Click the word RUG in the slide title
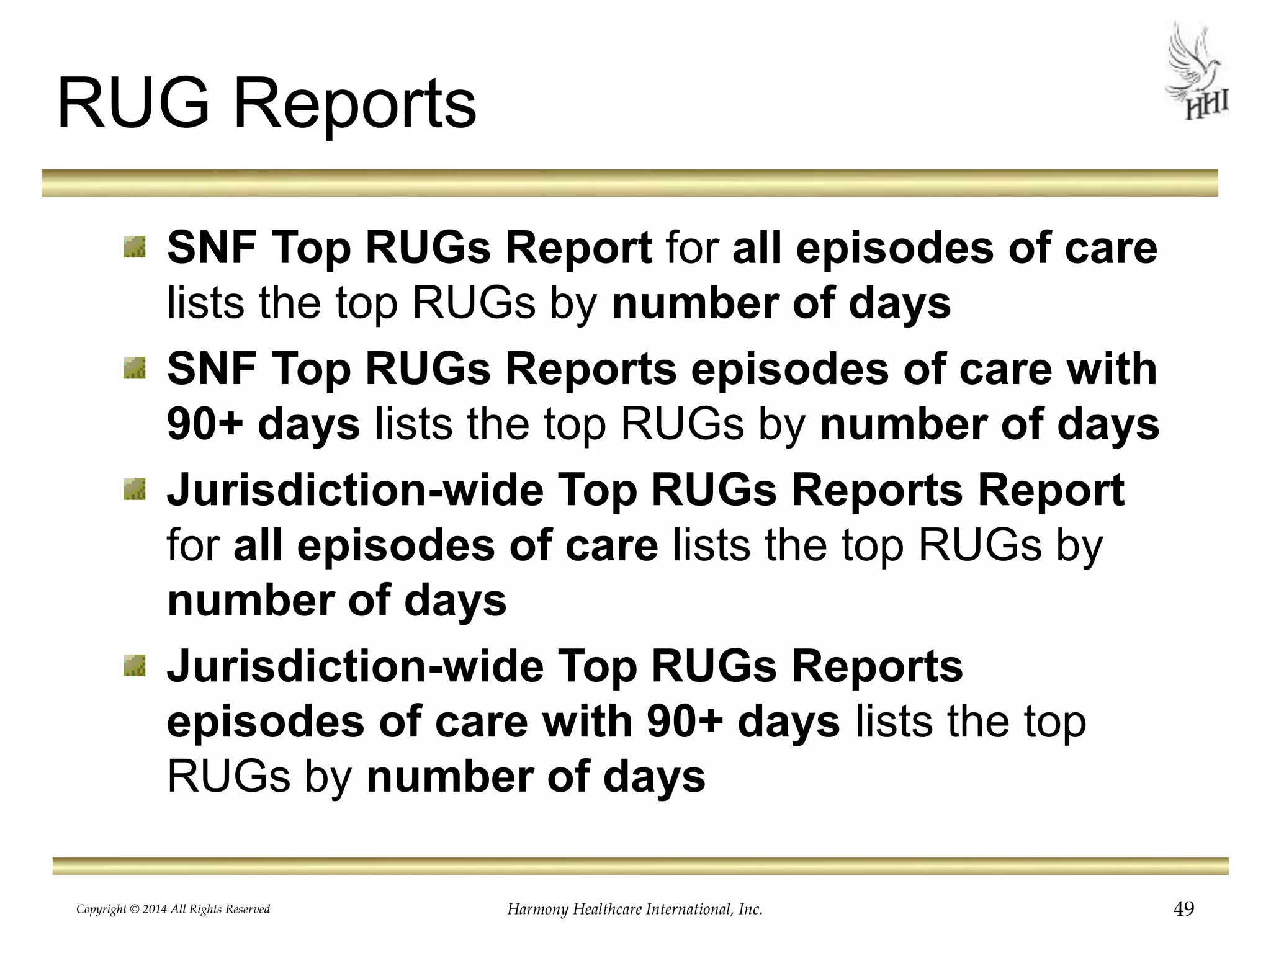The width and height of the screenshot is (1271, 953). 133,103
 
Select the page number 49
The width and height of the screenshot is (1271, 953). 1183,909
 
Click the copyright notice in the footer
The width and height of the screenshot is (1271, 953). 173,910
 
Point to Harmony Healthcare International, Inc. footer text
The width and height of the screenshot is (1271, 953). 635,910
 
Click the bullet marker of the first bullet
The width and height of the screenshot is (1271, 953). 134,247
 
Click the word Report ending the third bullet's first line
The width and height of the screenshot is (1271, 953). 1050,490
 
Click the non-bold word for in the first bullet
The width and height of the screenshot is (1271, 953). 692,247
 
